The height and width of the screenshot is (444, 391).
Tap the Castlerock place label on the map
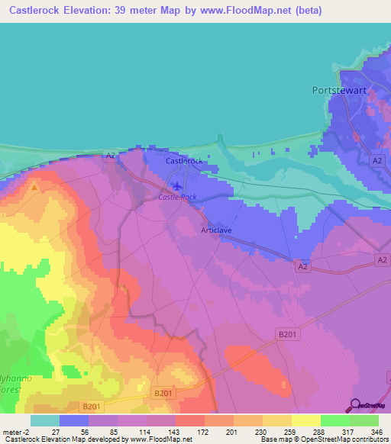[x=184, y=161]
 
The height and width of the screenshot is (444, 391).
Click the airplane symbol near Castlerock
[x=178, y=185]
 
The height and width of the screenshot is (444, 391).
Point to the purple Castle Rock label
[x=177, y=197]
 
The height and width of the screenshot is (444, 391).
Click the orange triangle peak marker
[x=34, y=185]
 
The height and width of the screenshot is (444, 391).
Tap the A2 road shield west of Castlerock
[x=110, y=156]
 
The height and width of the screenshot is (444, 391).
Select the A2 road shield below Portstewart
[x=376, y=160]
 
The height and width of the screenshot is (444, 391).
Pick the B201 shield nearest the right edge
[x=285, y=333]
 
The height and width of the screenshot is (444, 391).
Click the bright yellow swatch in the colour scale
[x=305, y=420]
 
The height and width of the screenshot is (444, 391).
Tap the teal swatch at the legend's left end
[x=45, y=420]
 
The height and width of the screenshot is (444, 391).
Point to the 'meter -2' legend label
[x=15, y=431]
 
